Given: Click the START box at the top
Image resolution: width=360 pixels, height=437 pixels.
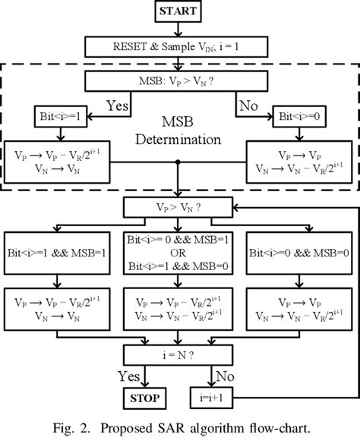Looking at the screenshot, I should (178, 11).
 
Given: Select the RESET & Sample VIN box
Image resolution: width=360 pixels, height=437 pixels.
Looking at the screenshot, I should (178, 47).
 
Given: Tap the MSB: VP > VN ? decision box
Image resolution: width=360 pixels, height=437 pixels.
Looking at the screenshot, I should (178, 81).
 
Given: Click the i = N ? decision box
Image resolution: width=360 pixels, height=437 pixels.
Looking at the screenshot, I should (178, 354).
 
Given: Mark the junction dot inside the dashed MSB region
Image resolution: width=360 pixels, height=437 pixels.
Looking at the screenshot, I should (178, 162).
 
